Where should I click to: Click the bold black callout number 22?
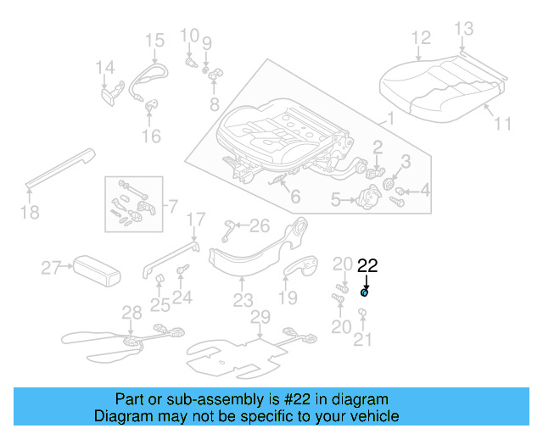point(368,265)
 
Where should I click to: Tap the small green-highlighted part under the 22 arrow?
point(365,292)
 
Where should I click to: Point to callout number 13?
point(463,30)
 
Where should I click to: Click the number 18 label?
point(30,212)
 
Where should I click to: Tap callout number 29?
point(260,316)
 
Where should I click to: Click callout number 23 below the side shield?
point(244,299)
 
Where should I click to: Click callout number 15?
point(154,40)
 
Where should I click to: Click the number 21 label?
point(363,341)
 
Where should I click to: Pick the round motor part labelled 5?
point(372,203)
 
